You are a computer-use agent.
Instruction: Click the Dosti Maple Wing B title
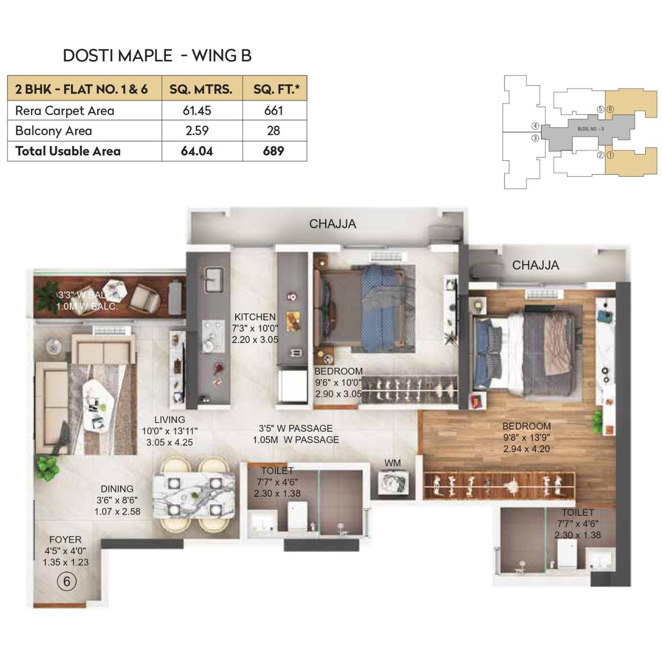[x=157, y=55]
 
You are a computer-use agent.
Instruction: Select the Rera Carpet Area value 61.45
[x=197, y=110]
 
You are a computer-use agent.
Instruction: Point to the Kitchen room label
[x=255, y=317]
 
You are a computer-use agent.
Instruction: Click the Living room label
[x=170, y=420]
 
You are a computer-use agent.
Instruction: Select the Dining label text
[x=117, y=489]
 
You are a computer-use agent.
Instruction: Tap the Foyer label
[x=65, y=539]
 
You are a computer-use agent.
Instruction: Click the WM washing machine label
[x=393, y=463]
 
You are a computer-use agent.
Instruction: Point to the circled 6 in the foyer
[x=67, y=581]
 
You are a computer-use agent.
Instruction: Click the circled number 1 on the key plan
[x=610, y=155]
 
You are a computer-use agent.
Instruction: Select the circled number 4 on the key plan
[x=535, y=126]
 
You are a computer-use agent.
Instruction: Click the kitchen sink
[x=213, y=279]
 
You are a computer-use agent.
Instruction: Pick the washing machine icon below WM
[x=393, y=482]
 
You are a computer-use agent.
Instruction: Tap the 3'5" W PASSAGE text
[x=296, y=428]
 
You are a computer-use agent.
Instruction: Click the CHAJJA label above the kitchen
[x=332, y=224]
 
